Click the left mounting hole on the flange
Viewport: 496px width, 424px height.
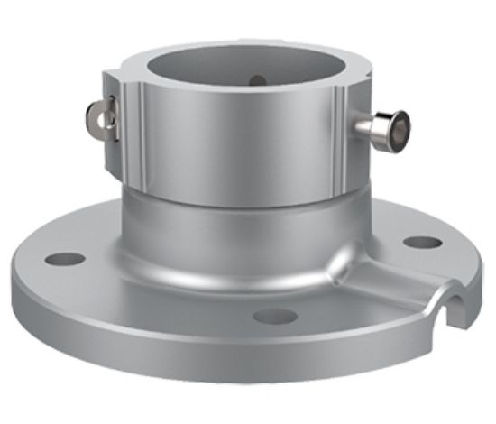coord(64,259)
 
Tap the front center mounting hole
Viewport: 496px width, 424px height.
coord(275,316)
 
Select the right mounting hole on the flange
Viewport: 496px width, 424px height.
coord(422,242)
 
